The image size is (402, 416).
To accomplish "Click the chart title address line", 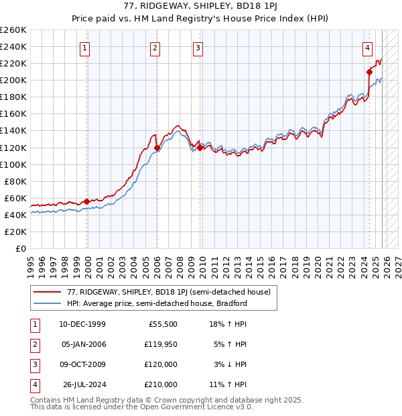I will click(200, 7).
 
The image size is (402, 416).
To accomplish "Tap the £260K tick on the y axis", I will click(13, 30).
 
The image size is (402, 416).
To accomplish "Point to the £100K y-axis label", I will click(13, 164).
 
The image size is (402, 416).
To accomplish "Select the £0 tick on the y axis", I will click(21, 248).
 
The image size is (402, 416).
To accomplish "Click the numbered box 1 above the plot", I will click(86, 48).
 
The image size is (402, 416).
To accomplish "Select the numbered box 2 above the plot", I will click(155, 48).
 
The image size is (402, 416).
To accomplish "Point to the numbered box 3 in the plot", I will click(198, 48).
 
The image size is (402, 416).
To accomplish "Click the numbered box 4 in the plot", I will click(368, 48).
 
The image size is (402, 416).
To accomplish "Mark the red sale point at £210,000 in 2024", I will click(369, 72).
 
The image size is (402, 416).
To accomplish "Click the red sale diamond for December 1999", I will click(87, 201).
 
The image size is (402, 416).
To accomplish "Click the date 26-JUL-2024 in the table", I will click(83, 384).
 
